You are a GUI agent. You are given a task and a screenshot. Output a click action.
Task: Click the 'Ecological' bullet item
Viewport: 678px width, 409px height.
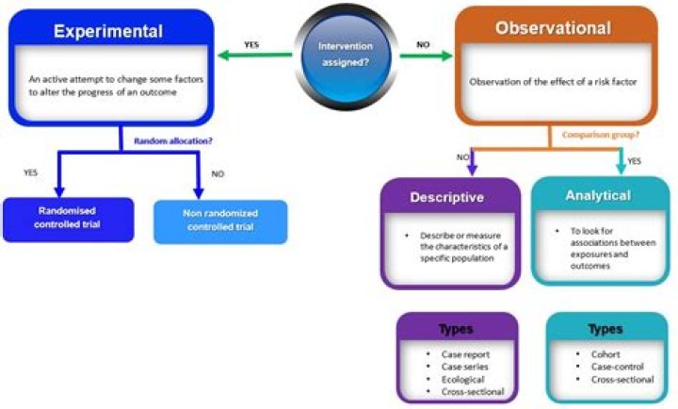tap(464, 379)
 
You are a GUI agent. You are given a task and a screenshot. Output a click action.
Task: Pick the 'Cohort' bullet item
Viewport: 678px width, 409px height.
tap(607, 353)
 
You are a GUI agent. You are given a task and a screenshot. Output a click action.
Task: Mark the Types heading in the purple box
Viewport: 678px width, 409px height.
tap(457, 329)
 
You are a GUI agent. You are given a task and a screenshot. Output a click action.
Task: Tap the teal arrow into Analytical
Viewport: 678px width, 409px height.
tap(619, 162)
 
